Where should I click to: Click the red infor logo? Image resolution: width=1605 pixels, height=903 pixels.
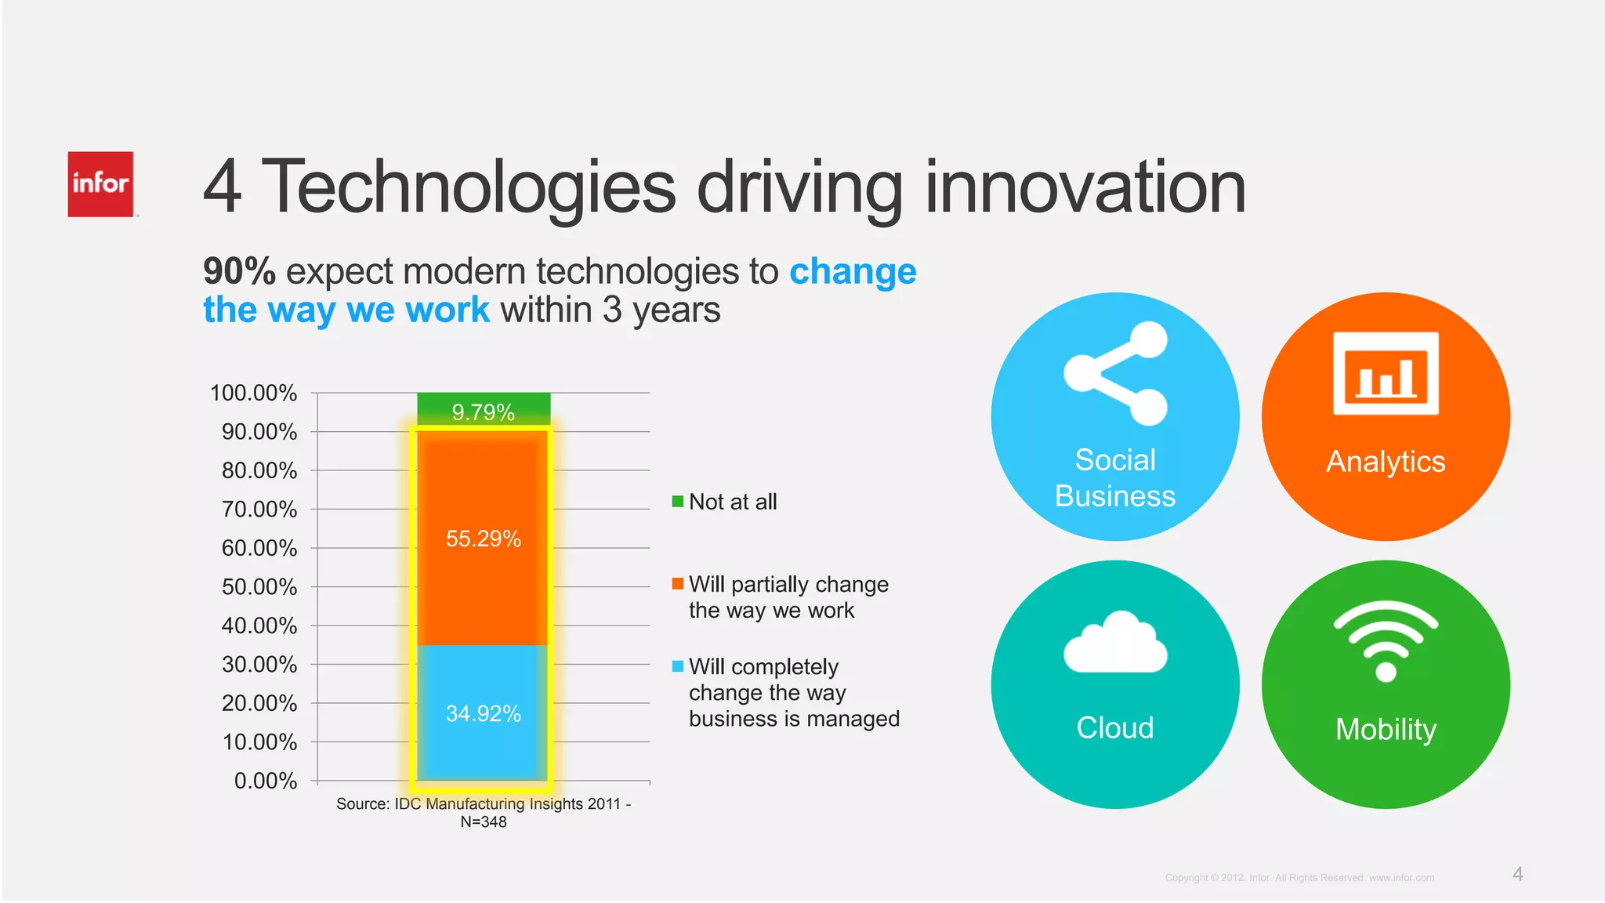pyautogui.click(x=100, y=184)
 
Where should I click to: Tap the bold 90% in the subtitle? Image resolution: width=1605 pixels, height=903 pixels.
pyautogui.click(x=239, y=271)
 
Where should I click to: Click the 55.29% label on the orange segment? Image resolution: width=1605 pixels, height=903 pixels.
pyautogui.click(x=484, y=539)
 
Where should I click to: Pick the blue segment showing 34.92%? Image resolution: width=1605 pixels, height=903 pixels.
pyautogui.click(x=484, y=713)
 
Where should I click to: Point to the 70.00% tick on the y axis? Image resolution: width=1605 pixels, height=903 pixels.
pyautogui.click(x=259, y=510)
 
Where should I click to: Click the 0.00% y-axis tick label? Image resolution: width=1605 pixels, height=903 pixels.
pyautogui.click(x=265, y=781)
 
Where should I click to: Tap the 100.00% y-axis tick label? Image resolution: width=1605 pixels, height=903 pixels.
pyautogui.click(x=253, y=393)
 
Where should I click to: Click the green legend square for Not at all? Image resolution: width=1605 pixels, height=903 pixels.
pyautogui.click(x=678, y=502)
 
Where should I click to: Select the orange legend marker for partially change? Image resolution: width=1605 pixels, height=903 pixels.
pyautogui.click(x=678, y=584)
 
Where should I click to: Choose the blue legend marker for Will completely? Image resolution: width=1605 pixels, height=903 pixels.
pyautogui.click(x=678, y=666)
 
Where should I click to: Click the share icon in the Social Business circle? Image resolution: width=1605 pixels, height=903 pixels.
pyautogui.click(x=1116, y=373)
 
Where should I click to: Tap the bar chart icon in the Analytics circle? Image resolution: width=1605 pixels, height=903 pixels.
pyautogui.click(x=1386, y=374)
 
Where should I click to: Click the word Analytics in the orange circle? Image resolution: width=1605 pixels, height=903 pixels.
pyautogui.click(x=1386, y=462)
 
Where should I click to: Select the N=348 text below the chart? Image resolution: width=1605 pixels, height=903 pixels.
pyautogui.click(x=484, y=822)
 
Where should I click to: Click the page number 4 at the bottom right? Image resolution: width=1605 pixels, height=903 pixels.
pyautogui.click(x=1518, y=874)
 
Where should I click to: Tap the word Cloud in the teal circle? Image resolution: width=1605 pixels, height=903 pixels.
pyautogui.click(x=1115, y=728)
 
